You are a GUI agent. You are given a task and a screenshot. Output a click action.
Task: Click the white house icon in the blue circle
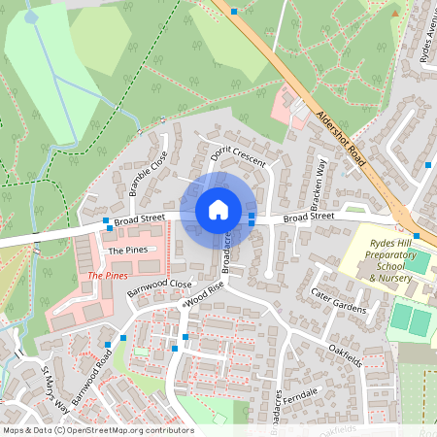pos(218,209)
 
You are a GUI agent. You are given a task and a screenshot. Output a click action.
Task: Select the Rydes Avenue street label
pos(427,44)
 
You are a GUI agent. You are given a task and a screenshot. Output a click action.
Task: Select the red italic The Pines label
pos(107,276)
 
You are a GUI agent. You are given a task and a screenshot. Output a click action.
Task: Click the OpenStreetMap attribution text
pos(97,430)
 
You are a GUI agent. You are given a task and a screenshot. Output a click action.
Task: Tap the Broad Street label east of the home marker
pos(308,218)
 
